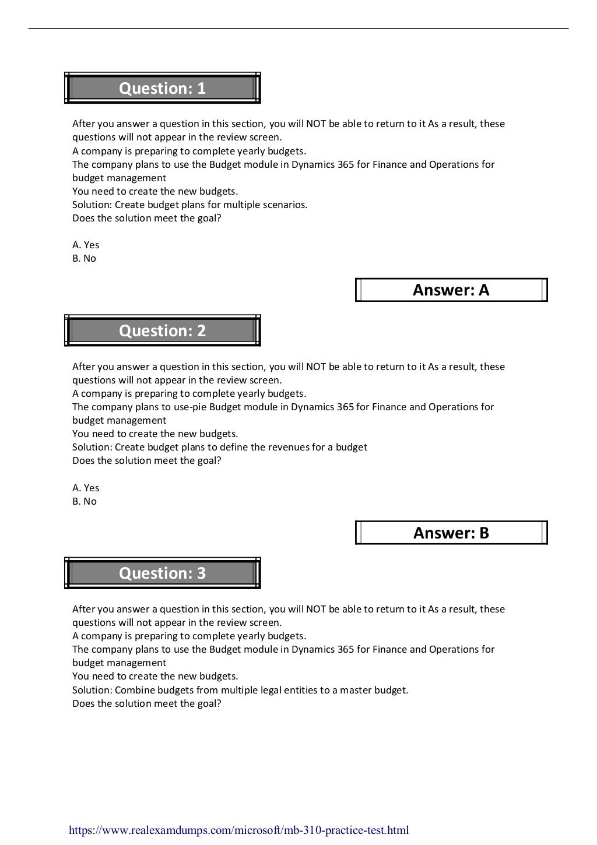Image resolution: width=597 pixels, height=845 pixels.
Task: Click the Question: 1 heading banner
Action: click(x=162, y=88)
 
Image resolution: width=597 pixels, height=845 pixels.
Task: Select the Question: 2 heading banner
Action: click(x=162, y=330)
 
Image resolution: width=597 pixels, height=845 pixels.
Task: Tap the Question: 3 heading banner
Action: click(x=162, y=573)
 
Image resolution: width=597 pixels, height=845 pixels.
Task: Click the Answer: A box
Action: click(x=451, y=290)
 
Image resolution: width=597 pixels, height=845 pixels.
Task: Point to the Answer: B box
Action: click(x=451, y=533)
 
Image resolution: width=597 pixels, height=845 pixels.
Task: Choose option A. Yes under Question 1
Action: click(x=86, y=245)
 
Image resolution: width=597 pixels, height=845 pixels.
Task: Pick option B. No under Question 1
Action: click(x=84, y=258)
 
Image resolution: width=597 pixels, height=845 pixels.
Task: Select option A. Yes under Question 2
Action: click(x=86, y=488)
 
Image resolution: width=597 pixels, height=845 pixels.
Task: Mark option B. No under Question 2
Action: click(x=84, y=501)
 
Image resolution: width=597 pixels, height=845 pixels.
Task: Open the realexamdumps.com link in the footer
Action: click(x=238, y=830)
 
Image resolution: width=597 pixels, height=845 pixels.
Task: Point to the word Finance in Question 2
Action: click(x=389, y=407)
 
